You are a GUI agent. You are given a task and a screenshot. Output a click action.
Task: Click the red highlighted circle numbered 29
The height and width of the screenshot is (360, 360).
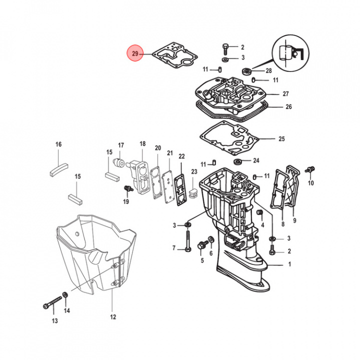tap(134, 53)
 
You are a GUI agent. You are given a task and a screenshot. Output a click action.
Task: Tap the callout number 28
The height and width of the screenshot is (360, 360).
tap(268, 70)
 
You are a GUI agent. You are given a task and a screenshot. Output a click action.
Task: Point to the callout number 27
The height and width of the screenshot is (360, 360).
tap(286, 94)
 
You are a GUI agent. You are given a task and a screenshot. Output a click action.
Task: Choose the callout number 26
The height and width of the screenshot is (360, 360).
tap(288, 107)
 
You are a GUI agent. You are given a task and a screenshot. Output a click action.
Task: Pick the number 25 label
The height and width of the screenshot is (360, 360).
tap(281, 138)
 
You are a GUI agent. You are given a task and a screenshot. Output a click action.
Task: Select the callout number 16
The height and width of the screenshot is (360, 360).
tap(58, 144)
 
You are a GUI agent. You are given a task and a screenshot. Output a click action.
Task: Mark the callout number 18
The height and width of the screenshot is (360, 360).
tap(142, 144)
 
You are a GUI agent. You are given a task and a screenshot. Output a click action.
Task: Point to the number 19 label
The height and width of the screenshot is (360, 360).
tap(126, 201)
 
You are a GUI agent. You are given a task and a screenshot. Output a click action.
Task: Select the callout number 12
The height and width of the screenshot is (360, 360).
tap(113, 316)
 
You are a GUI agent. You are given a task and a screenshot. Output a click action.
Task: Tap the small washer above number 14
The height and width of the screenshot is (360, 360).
tap(65, 294)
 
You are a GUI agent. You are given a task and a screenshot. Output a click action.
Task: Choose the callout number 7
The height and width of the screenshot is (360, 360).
tap(174, 248)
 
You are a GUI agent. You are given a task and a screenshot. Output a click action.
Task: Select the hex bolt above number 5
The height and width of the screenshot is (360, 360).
tap(203, 245)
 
